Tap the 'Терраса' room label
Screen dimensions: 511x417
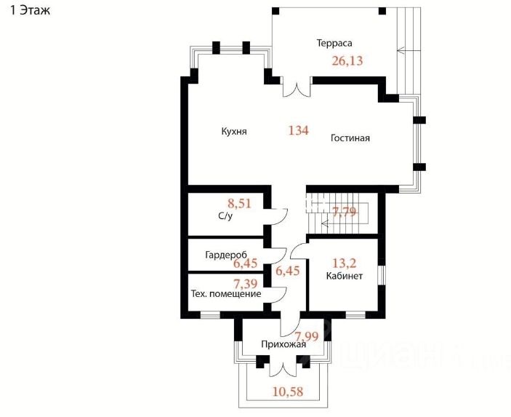coord(334,43)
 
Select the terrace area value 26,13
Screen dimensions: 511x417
coord(347,61)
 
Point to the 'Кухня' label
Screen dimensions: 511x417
coord(234,132)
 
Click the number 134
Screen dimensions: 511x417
coord(298,131)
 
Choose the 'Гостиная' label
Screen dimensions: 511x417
coord(350,138)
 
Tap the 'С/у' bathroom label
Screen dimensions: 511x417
coord(225,217)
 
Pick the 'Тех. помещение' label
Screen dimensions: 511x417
coord(226,294)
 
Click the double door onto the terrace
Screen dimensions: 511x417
coord(297,90)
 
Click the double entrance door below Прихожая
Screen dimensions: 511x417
coord(283,366)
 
